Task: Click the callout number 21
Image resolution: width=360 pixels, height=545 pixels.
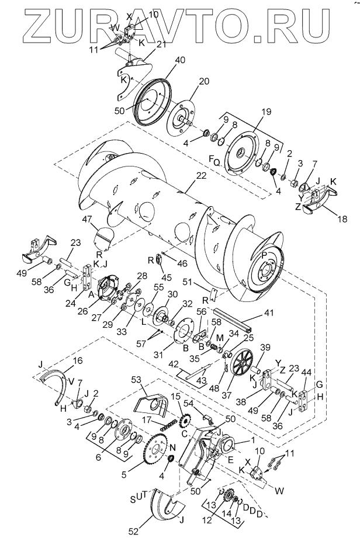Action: [161, 44]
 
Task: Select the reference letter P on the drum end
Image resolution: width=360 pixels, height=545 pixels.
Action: [264, 256]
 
